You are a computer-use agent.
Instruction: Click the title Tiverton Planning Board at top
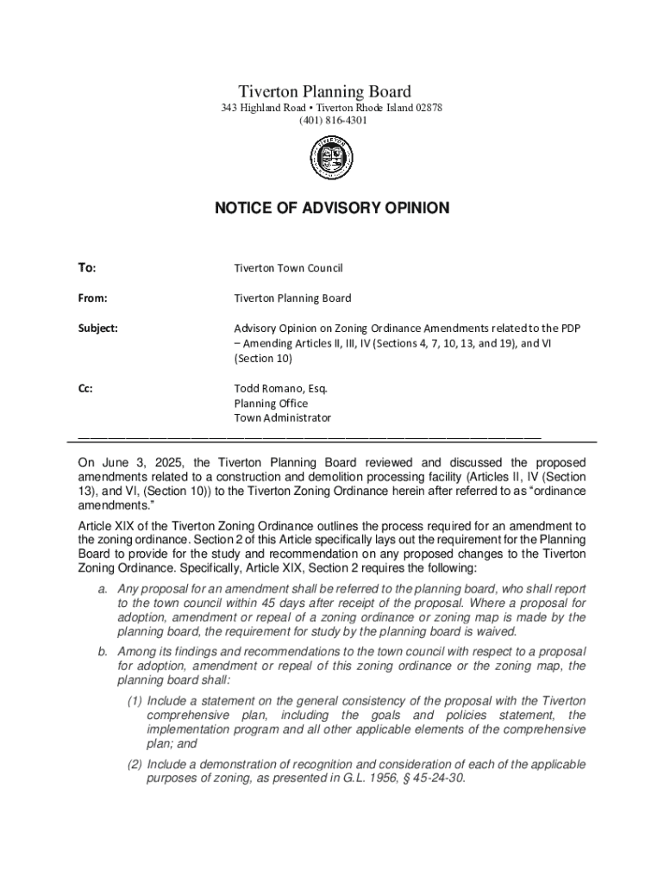pyautogui.click(x=324, y=91)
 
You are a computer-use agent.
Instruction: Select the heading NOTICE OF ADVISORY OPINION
pyautogui.click(x=331, y=208)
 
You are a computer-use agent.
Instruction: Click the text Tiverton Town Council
pyautogui.click(x=289, y=268)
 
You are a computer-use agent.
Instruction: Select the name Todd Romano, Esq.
pyautogui.click(x=281, y=388)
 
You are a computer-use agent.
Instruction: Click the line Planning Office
pyautogui.click(x=271, y=403)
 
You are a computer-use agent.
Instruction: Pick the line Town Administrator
pyautogui.click(x=283, y=417)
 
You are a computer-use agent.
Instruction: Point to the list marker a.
pyautogui.click(x=101, y=587)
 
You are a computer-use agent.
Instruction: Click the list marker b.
pyautogui.click(x=101, y=651)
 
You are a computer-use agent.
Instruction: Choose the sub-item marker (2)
pyautogui.click(x=135, y=764)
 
